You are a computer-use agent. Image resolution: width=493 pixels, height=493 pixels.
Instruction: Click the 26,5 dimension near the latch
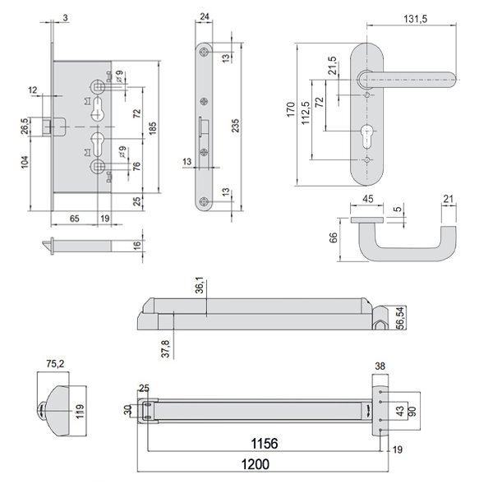click(x=25, y=127)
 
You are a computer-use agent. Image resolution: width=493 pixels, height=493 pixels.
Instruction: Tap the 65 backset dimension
click(x=74, y=218)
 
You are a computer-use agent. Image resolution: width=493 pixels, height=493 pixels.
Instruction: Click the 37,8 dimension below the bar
click(x=166, y=348)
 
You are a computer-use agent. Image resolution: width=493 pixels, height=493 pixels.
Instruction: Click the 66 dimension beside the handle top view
click(x=334, y=239)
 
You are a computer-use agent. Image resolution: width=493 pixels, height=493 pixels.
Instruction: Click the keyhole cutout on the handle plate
click(x=366, y=135)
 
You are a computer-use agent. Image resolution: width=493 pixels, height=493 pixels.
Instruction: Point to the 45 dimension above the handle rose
click(x=366, y=198)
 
